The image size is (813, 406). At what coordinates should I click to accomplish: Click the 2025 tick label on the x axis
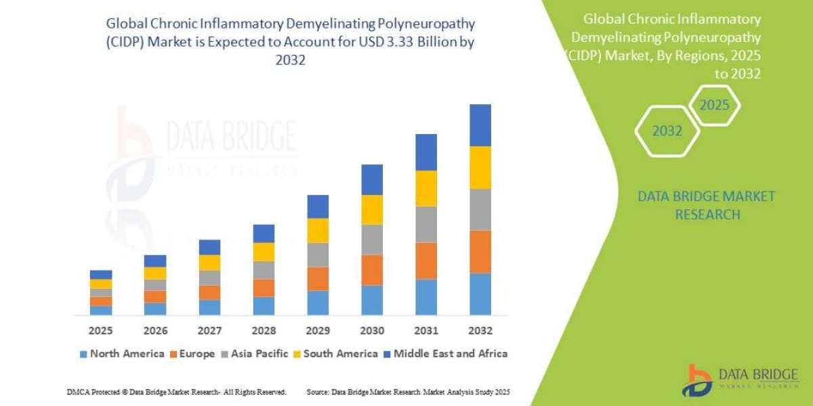[100, 332]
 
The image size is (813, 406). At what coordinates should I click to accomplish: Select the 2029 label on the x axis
[318, 332]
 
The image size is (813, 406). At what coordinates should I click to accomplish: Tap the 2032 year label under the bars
[480, 332]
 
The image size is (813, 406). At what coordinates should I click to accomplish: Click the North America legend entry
[122, 353]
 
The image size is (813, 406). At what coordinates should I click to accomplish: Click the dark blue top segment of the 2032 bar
[480, 125]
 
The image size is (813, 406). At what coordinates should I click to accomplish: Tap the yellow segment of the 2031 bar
[426, 188]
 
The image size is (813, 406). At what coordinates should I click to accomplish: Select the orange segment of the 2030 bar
[372, 269]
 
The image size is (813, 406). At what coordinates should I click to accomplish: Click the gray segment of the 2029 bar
[318, 254]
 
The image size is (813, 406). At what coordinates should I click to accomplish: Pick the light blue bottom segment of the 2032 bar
[480, 294]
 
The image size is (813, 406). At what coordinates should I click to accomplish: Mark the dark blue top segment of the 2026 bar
[155, 261]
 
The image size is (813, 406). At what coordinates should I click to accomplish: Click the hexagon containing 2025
[714, 106]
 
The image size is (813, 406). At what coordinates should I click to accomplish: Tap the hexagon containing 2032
[667, 131]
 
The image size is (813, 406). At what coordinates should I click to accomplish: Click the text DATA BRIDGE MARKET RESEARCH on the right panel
[707, 205]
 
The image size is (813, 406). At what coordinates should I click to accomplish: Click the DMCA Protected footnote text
[176, 392]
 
